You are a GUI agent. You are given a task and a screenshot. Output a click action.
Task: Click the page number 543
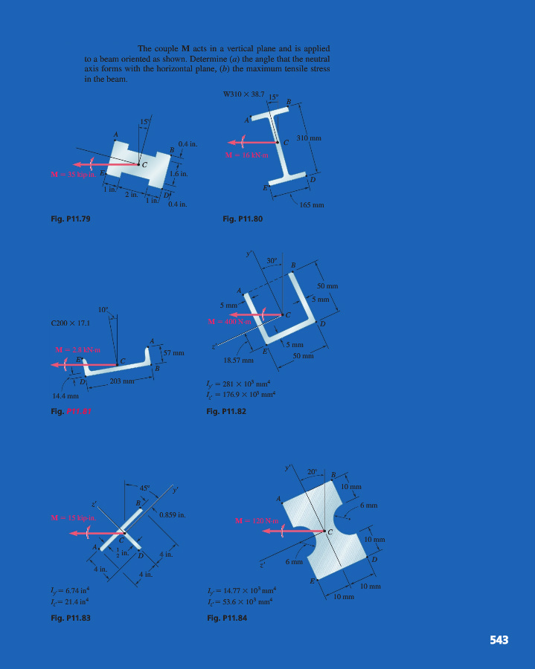pyautogui.click(x=499, y=639)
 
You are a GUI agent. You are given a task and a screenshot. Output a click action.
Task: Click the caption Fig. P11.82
pyautogui.click(x=226, y=410)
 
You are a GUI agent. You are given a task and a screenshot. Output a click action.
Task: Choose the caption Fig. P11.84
pyautogui.click(x=226, y=617)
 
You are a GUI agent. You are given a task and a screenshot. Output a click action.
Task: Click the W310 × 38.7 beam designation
pyautogui.click(x=243, y=94)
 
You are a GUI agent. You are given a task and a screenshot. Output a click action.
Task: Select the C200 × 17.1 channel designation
pyautogui.click(x=68, y=323)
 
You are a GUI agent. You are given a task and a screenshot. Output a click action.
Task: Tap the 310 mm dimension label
pyautogui.click(x=309, y=138)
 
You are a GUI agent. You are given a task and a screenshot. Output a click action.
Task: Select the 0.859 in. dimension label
pyautogui.click(x=172, y=514)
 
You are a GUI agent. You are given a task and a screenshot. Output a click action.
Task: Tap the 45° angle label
pyautogui.click(x=144, y=488)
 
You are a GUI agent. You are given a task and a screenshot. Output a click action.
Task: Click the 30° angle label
pyautogui.click(x=272, y=260)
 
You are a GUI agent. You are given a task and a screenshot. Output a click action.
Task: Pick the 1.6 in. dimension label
pyautogui.click(x=179, y=174)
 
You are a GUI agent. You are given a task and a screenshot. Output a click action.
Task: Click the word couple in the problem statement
pyautogui.click(x=164, y=48)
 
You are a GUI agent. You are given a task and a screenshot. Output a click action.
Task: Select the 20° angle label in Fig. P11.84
pyautogui.click(x=313, y=472)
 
